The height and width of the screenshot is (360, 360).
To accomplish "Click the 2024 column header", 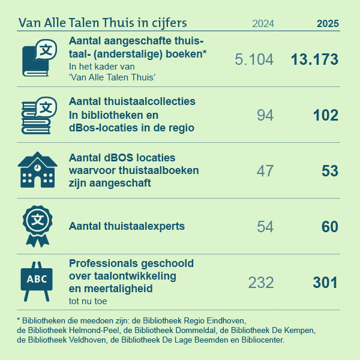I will (263, 24).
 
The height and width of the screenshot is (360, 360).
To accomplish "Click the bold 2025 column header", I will (328, 24).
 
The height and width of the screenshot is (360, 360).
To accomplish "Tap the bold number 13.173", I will (314, 59).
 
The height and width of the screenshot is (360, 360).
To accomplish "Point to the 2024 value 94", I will (265, 115).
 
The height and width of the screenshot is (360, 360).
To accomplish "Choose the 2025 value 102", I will (325, 115).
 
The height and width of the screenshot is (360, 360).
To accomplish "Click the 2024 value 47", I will (265, 171).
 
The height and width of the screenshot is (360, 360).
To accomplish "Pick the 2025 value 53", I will (330, 171).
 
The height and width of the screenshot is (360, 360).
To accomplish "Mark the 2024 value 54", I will (265, 227).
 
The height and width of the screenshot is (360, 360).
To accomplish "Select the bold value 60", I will (329, 227).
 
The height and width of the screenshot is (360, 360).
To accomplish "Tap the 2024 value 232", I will (260, 283).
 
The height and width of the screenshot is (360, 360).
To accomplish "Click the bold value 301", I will (325, 283).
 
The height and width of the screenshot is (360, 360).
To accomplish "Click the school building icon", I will (37, 170).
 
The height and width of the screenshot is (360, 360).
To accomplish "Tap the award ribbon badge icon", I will (38, 226).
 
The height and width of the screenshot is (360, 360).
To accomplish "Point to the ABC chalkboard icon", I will (37, 280).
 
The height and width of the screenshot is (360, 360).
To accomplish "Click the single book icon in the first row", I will (35, 59).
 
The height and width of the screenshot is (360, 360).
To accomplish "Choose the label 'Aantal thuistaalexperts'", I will (127, 227).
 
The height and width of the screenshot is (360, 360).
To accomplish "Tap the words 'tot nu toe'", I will (89, 301).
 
